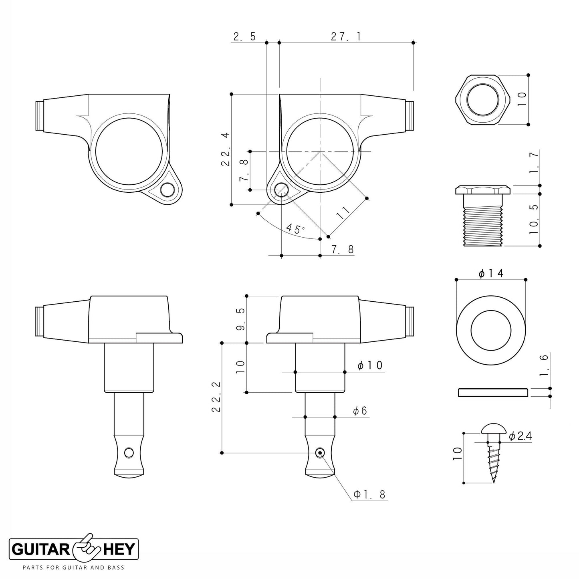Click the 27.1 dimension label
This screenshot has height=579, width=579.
[346, 36]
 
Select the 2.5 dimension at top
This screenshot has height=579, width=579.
[244, 36]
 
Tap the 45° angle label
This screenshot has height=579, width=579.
[295, 229]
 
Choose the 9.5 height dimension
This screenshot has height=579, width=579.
[240, 319]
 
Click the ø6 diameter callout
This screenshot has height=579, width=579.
[360, 411]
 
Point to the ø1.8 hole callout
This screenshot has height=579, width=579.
[369, 495]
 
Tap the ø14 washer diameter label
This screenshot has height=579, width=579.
[491, 274]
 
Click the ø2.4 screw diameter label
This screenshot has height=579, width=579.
[520, 436]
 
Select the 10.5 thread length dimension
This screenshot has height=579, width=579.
[533, 219]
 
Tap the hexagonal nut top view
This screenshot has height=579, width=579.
[482, 100]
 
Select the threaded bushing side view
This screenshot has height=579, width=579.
[482, 216]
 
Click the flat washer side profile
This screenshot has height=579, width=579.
[492, 392]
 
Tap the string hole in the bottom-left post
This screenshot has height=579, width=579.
[129, 452]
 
